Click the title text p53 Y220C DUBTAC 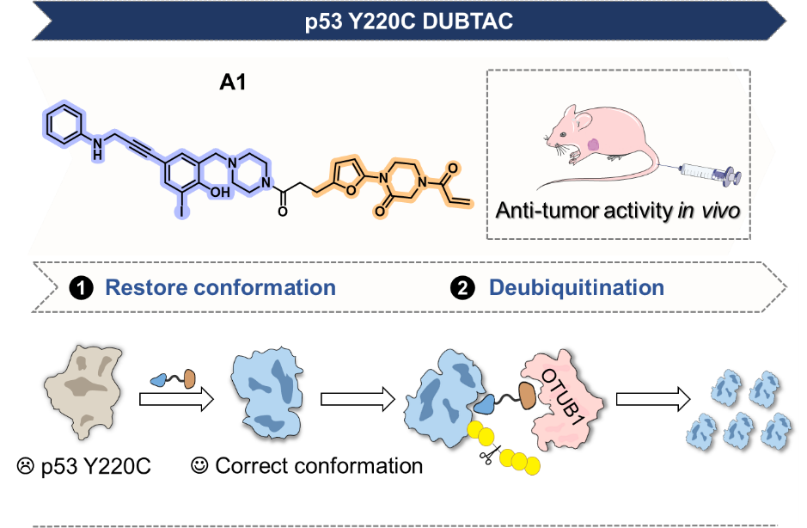pyautogui.click(x=408, y=21)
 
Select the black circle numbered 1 pyautogui.click(x=83, y=288)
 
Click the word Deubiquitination pyautogui.click(x=577, y=287)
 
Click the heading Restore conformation pyautogui.click(x=220, y=287)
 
